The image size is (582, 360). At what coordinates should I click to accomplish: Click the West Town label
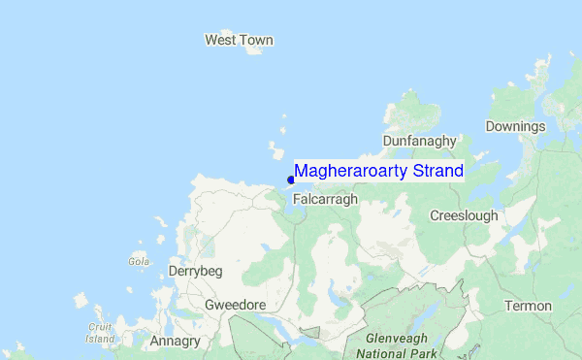239,40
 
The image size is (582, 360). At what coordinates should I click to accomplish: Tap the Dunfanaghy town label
419,141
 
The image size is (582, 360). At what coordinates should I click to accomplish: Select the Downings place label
516,127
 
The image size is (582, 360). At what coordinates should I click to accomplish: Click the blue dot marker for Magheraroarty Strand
291,180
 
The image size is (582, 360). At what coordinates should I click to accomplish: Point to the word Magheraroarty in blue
352,171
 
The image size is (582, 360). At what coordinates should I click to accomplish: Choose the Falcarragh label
325,198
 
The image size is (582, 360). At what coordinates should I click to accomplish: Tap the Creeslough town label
464,214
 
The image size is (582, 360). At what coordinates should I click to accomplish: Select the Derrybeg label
197,272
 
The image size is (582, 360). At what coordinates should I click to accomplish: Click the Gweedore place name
236,305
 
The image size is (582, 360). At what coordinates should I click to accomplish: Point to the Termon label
528,306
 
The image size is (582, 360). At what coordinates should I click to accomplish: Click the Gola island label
139,261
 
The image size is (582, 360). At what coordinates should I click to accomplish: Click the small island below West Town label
256,50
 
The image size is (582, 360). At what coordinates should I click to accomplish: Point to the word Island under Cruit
100,339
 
